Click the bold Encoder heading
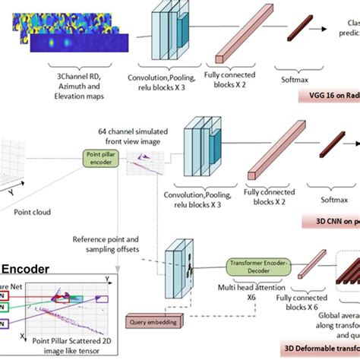(26, 269)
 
